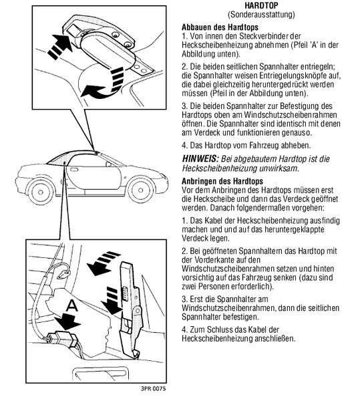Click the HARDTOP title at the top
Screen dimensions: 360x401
click(x=261, y=5)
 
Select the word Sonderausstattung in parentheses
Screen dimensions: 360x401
click(x=261, y=15)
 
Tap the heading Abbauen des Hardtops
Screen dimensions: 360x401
click(x=220, y=27)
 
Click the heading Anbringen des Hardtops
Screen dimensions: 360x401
click(x=222, y=181)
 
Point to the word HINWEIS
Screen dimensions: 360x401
click(x=200, y=159)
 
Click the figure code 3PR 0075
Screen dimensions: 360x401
click(x=153, y=389)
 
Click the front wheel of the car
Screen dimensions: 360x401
click(x=140, y=190)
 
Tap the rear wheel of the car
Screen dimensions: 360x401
click(x=40, y=192)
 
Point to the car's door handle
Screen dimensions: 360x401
click(x=74, y=170)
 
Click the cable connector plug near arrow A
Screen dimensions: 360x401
click(x=63, y=338)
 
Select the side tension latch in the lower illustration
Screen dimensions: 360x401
click(x=130, y=309)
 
